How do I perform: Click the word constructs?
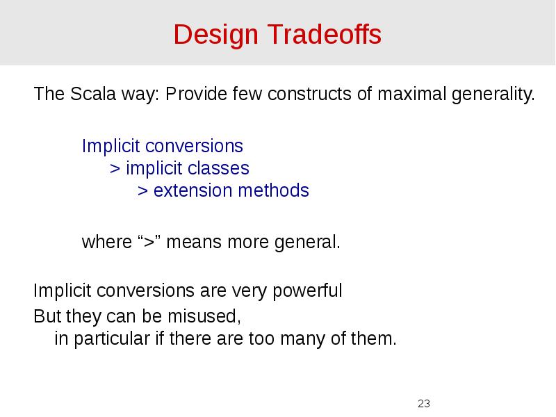click(x=309, y=94)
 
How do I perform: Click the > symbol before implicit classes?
click(x=115, y=168)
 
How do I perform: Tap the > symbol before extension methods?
click(x=142, y=190)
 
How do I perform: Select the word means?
click(x=188, y=243)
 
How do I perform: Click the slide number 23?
click(x=424, y=404)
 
